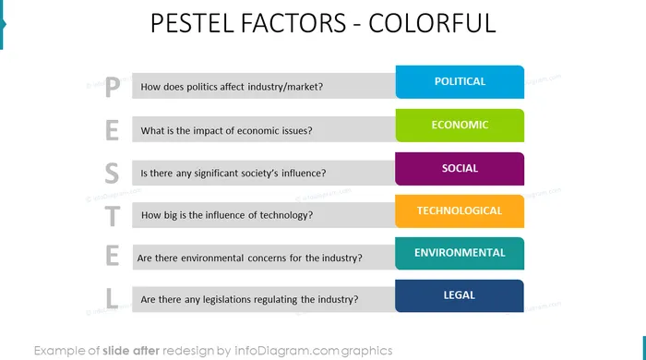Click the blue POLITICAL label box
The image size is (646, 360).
pos(460,82)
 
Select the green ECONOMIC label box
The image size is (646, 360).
pos(460,126)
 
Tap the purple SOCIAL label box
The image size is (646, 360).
pos(460,169)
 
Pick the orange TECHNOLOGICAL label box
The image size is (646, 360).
pos(460,211)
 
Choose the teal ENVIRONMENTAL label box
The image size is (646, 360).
pos(460,253)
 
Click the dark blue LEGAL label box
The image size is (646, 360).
pos(460,295)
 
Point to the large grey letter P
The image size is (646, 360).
pos(113,87)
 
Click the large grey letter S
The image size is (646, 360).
pos(112,173)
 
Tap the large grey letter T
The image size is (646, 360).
pos(112,216)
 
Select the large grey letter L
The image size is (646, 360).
pos(112,298)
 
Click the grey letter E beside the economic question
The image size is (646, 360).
pos(112,130)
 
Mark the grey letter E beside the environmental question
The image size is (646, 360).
pos(112,256)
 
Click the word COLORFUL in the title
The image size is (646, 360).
pos(432,23)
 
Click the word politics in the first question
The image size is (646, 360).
pos(200,87)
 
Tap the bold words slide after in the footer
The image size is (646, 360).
pos(131,351)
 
